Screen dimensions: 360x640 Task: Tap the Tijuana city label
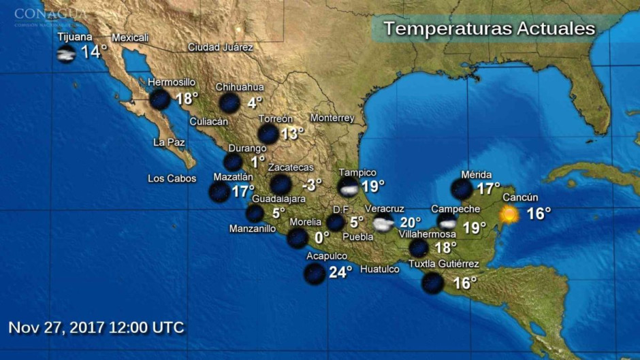(x=75, y=37)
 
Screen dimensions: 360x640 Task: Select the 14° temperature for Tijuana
(x=94, y=52)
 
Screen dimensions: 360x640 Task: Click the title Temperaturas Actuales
(x=489, y=29)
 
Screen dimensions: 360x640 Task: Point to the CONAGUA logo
(x=50, y=15)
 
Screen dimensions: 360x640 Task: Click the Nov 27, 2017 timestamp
(x=96, y=327)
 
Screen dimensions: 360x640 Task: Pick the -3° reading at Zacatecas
(x=313, y=184)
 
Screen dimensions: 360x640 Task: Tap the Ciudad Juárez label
(x=220, y=48)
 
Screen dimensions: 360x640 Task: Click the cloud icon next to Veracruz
(x=383, y=224)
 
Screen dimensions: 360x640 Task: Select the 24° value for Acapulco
(x=340, y=272)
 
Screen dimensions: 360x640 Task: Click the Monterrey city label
(x=332, y=118)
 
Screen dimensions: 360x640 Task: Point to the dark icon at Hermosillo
(x=159, y=99)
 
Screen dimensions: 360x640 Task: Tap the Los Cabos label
(x=172, y=179)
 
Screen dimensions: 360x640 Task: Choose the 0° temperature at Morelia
(x=321, y=238)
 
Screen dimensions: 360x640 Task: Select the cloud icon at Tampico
(x=349, y=187)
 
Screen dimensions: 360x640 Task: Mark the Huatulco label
(x=379, y=269)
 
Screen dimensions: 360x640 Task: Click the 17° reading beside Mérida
(x=488, y=188)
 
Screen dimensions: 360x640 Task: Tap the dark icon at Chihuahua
(x=229, y=103)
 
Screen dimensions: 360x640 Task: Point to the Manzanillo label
(x=253, y=229)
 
